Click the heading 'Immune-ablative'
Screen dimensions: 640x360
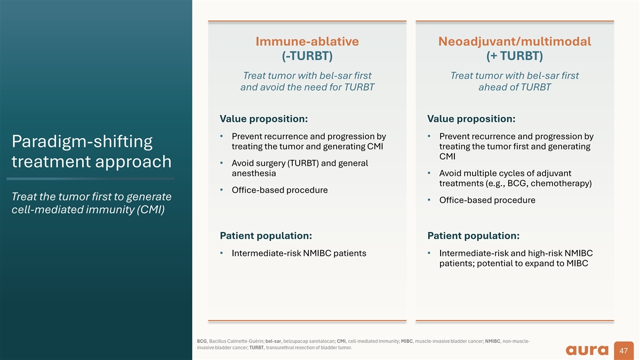(x=307, y=42)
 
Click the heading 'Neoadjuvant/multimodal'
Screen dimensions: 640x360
(x=515, y=42)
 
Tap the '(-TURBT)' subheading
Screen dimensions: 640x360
(x=307, y=56)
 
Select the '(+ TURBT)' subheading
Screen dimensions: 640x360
(x=515, y=56)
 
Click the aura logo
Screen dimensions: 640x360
(x=587, y=350)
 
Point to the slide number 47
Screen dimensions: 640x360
(x=623, y=350)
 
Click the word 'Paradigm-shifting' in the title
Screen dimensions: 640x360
(x=82, y=142)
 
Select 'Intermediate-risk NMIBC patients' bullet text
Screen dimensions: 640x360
(x=299, y=253)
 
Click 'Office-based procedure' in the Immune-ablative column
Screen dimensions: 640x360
(x=279, y=190)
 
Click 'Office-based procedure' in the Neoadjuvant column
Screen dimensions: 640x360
(x=487, y=200)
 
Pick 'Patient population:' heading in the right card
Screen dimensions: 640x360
(x=474, y=236)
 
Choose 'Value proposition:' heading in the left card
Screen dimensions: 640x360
(x=263, y=119)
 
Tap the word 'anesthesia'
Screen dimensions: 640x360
(x=254, y=173)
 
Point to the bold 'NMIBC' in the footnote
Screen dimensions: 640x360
(x=493, y=341)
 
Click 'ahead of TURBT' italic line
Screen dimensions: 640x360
(x=515, y=87)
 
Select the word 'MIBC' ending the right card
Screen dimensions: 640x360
(x=577, y=263)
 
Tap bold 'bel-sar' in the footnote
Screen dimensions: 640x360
(x=273, y=341)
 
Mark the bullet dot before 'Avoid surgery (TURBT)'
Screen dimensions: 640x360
(x=221, y=163)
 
